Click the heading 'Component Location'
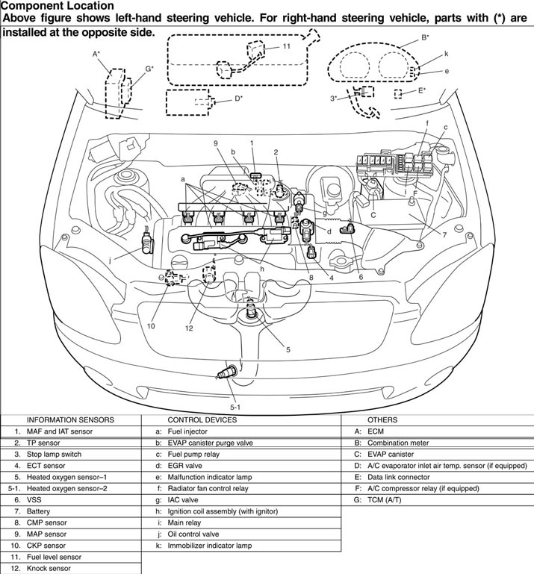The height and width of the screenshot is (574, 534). point(58,6)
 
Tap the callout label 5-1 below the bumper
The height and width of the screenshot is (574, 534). point(235,407)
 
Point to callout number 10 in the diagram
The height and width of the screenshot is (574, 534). point(151,326)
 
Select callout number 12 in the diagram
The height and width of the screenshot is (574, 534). point(189,328)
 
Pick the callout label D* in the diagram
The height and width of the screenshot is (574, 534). point(238,98)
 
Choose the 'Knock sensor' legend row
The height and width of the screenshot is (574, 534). point(50,568)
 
